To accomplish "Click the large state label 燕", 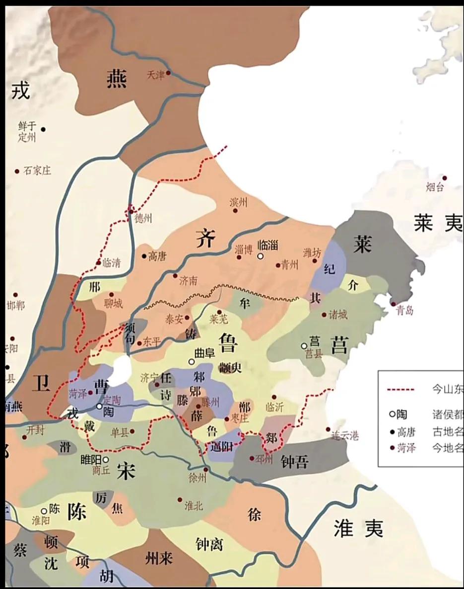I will pyautogui.click(x=117, y=79).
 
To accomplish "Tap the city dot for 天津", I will pyautogui.click(x=168, y=73).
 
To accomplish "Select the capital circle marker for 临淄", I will pyautogui.click(x=260, y=256).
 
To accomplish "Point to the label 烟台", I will pyautogui.click(x=435, y=187).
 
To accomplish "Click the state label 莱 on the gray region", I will pyautogui.click(x=363, y=244).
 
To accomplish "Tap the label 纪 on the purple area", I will pyautogui.click(x=329, y=269).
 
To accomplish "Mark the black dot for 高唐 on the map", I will pyautogui.click(x=144, y=256).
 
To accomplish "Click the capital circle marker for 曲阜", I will pyautogui.click(x=191, y=362).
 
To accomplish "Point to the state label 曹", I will pyautogui.click(x=101, y=386).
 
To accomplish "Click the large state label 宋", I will pyautogui.click(x=127, y=470).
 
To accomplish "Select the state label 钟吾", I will pyautogui.click(x=294, y=462).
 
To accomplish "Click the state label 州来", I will pyautogui.click(x=159, y=559).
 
